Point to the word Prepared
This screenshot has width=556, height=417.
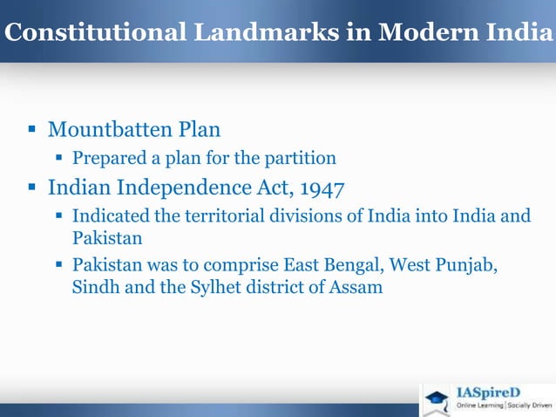tap(109, 159)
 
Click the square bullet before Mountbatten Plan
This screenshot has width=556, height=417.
tap(31, 132)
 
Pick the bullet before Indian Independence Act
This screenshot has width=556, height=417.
tap(31, 188)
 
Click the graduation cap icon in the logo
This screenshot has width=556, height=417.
tap(437, 400)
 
